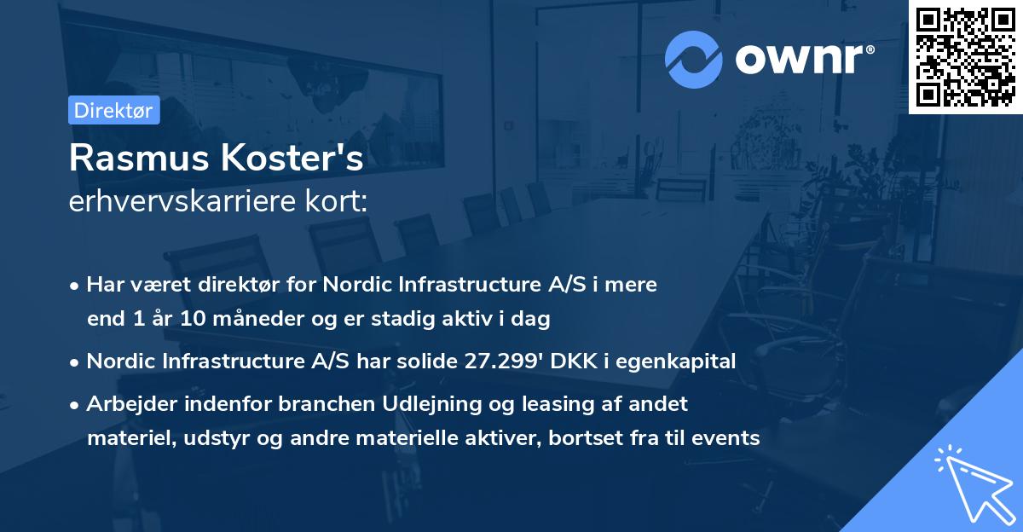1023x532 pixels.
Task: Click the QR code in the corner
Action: click(966, 57)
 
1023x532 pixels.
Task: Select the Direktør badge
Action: click(113, 110)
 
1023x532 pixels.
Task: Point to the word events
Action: click(726, 438)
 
